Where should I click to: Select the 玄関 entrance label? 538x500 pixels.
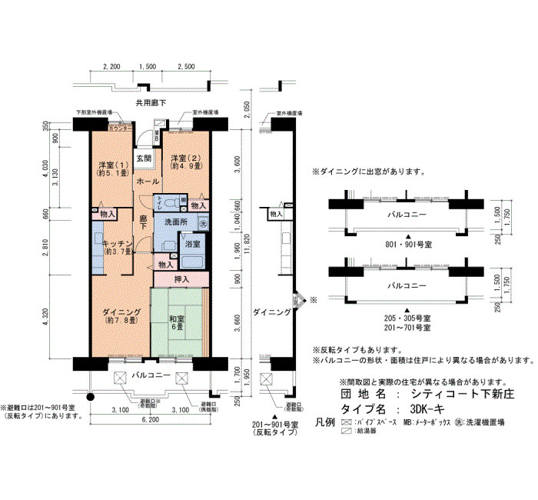144,158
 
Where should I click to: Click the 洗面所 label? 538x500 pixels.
176,222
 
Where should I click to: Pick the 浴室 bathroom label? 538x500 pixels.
192,243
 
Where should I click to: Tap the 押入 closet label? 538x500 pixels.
181,279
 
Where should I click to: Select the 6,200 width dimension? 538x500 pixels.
150,421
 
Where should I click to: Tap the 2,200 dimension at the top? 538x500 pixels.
112,67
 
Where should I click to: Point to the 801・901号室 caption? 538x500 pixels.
408,242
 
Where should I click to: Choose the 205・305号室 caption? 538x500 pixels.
408,317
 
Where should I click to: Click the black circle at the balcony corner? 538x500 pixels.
91,398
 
